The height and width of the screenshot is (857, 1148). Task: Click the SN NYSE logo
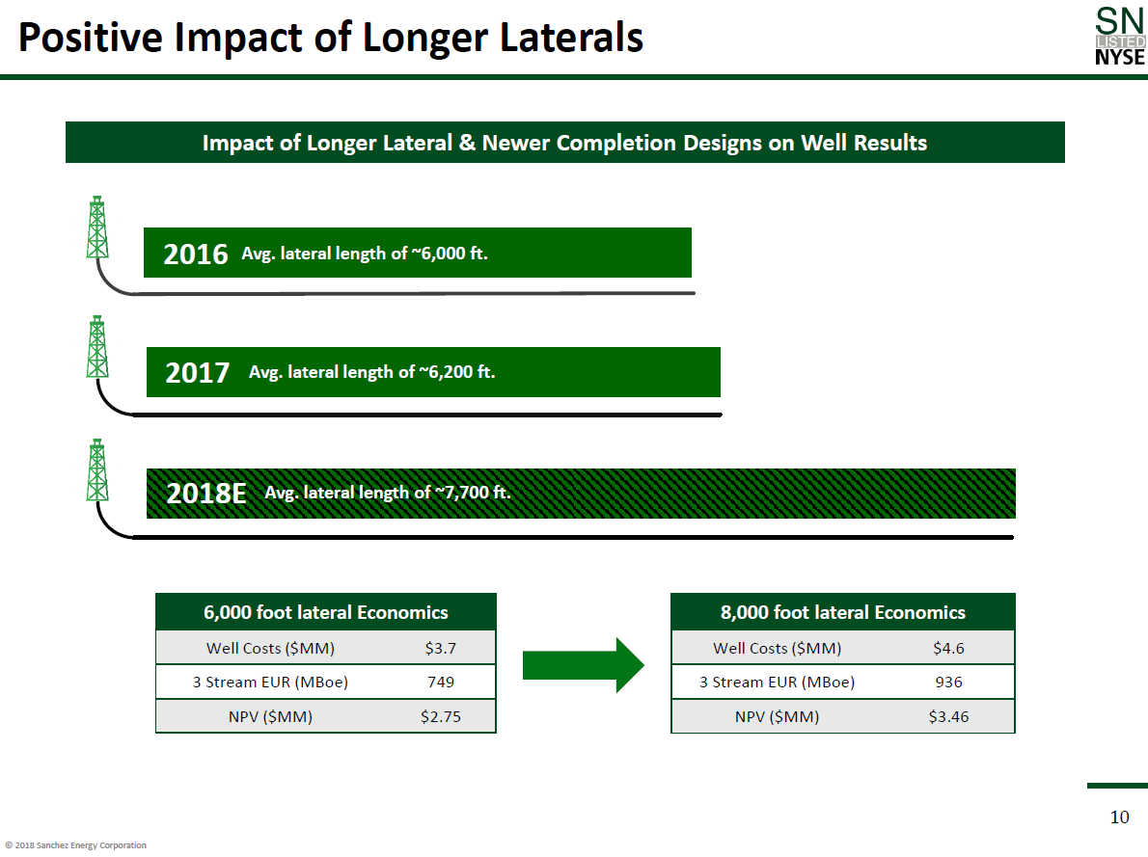[x=1120, y=37]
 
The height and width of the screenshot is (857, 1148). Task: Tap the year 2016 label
[x=196, y=254]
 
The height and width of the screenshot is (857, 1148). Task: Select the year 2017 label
[x=198, y=373]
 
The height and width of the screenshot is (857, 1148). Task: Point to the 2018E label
[x=206, y=494]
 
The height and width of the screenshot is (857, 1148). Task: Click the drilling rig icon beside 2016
[x=96, y=228]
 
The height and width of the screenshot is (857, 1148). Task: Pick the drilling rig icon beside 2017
[x=96, y=347]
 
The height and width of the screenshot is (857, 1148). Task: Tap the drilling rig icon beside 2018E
[x=96, y=469]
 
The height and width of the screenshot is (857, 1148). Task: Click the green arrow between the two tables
[x=583, y=664]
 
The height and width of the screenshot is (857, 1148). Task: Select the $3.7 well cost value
[x=440, y=649]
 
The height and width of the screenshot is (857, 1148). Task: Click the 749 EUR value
[x=440, y=683]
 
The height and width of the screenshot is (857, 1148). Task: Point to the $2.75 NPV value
[x=440, y=717]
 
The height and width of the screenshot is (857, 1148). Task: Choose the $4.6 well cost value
[x=948, y=649]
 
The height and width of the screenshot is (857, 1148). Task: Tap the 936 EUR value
[x=948, y=683]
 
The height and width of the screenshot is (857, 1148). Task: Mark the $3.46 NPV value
[x=948, y=717]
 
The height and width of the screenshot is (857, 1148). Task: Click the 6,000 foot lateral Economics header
[x=326, y=613]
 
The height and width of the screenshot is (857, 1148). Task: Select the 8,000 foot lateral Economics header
[x=843, y=613]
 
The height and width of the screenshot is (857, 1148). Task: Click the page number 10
[x=1119, y=817]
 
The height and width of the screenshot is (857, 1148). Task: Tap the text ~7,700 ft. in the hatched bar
[x=472, y=493]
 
